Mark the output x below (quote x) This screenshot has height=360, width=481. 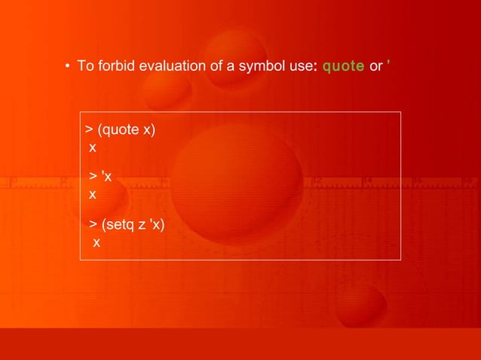click(93, 147)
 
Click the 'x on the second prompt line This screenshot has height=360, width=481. click(106, 178)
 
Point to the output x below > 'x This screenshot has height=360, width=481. click(93, 194)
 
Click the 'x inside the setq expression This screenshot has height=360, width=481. click(155, 225)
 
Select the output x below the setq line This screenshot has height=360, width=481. click(96, 243)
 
